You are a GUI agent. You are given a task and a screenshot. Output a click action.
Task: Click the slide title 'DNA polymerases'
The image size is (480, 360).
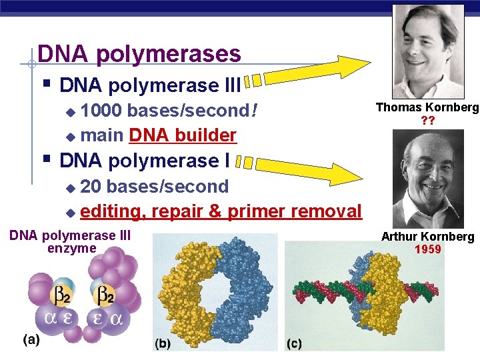[x=139, y=53]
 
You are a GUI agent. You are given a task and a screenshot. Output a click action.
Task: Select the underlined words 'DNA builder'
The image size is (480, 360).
[x=183, y=135]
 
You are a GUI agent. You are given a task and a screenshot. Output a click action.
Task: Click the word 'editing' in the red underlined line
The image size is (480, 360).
[x=112, y=211]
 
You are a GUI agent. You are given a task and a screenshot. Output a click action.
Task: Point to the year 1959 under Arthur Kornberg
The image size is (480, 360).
[x=427, y=250]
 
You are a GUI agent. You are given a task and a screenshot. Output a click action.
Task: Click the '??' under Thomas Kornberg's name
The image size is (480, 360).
[x=427, y=121]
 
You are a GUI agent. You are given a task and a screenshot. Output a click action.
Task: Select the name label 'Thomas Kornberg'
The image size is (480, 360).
[x=427, y=107]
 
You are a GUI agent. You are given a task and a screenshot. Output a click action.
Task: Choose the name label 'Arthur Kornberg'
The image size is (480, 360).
[x=427, y=237]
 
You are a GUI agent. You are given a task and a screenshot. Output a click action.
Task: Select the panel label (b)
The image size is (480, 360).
[x=163, y=344]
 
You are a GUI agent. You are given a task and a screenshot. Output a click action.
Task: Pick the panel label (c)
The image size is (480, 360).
[x=294, y=344]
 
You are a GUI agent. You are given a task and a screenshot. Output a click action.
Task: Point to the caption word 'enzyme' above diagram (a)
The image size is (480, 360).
[x=72, y=249]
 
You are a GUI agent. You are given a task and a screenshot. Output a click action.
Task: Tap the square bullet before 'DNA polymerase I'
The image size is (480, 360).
[x=45, y=160]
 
